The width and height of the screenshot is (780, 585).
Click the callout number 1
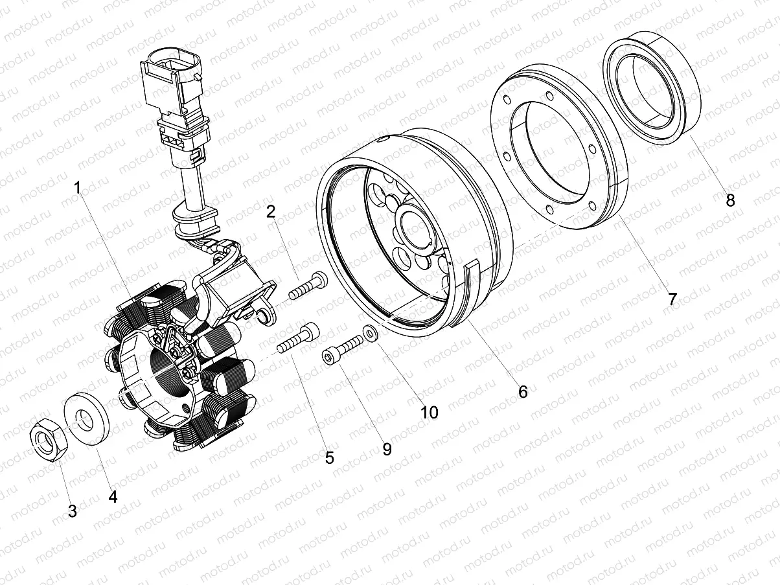pyautogui.click(x=78, y=189)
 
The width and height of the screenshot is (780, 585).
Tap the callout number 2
pyautogui.click(x=271, y=211)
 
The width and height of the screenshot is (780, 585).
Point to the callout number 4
pyautogui.click(x=113, y=497)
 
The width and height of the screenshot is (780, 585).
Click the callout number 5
pyautogui.click(x=329, y=458)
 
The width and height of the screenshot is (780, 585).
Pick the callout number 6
pyautogui.click(x=523, y=391)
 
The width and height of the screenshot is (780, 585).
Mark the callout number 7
pyautogui.click(x=672, y=299)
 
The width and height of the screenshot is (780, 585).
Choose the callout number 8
pyautogui.click(x=730, y=200)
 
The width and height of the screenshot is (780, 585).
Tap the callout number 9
pyautogui.click(x=387, y=449)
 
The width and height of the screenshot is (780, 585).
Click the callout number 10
pyautogui.click(x=430, y=412)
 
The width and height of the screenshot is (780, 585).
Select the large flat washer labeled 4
pyautogui.click(x=87, y=419)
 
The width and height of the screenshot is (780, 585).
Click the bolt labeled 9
pyautogui.click(x=343, y=348)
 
